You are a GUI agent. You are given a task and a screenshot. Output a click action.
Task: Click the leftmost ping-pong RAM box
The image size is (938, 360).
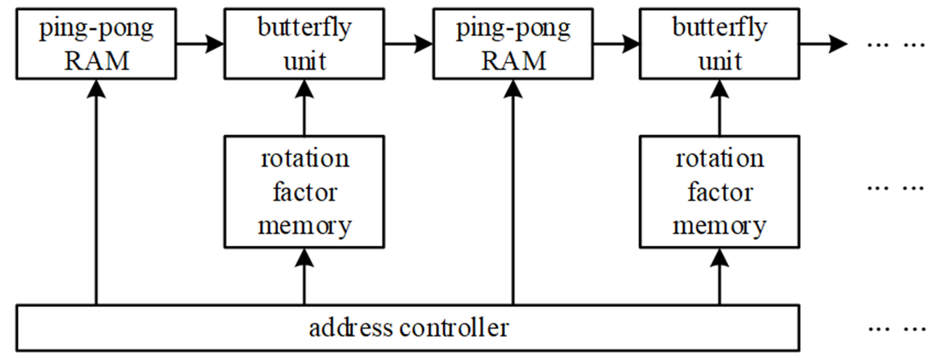click(x=96, y=44)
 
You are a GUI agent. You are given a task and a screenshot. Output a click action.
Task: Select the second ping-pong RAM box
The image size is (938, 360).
click(x=513, y=44)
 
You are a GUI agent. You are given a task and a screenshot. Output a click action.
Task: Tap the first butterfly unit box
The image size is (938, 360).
click(x=304, y=44)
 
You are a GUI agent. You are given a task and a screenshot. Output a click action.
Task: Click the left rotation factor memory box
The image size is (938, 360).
click(x=304, y=192)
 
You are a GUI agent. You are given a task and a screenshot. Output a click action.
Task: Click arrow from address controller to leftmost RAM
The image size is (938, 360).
click(x=96, y=193)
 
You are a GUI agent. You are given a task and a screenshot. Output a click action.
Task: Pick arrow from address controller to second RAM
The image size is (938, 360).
click(x=513, y=193)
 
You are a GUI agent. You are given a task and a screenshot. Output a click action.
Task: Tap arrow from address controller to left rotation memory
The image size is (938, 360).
click(x=304, y=277)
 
